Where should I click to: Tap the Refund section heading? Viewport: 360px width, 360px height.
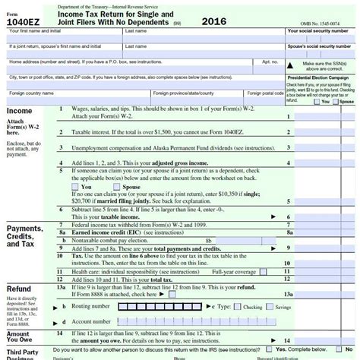[19, 289]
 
